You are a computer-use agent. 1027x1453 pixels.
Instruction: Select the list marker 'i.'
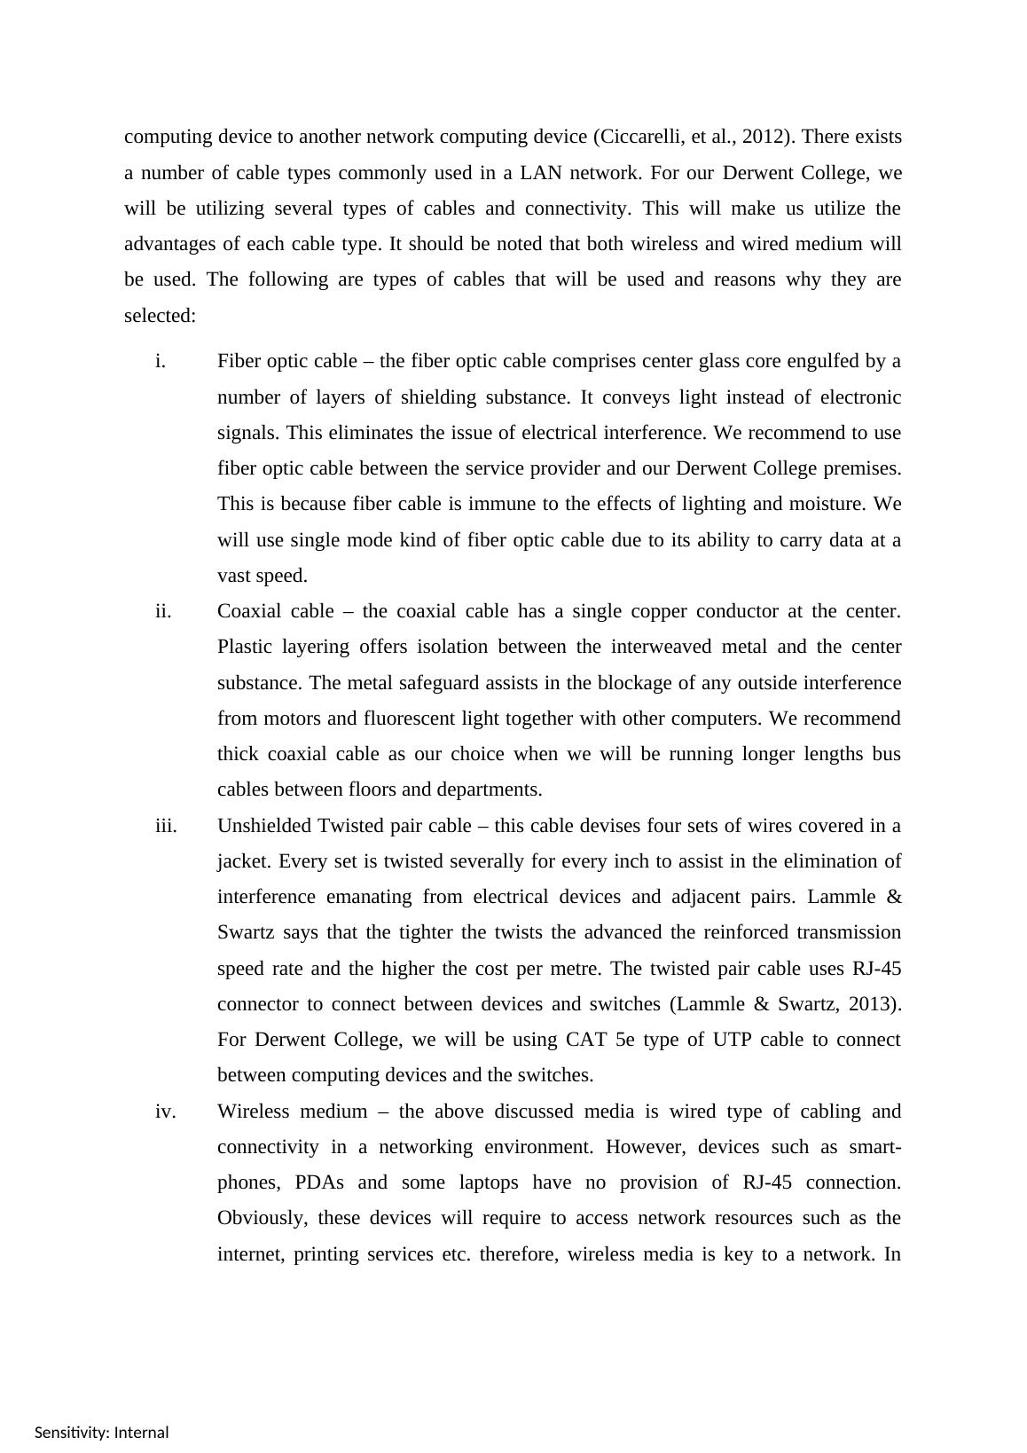click(x=161, y=361)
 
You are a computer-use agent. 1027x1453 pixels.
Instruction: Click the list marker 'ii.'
click(x=163, y=611)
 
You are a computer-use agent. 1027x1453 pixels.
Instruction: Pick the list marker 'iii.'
click(x=166, y=826)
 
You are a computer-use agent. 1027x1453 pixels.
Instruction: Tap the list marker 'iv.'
click(x=166, y=1111)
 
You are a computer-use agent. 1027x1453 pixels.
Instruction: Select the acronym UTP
click(x=732, y=1040)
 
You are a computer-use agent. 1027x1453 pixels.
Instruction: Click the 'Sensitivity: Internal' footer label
click(x=102, y=1433)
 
